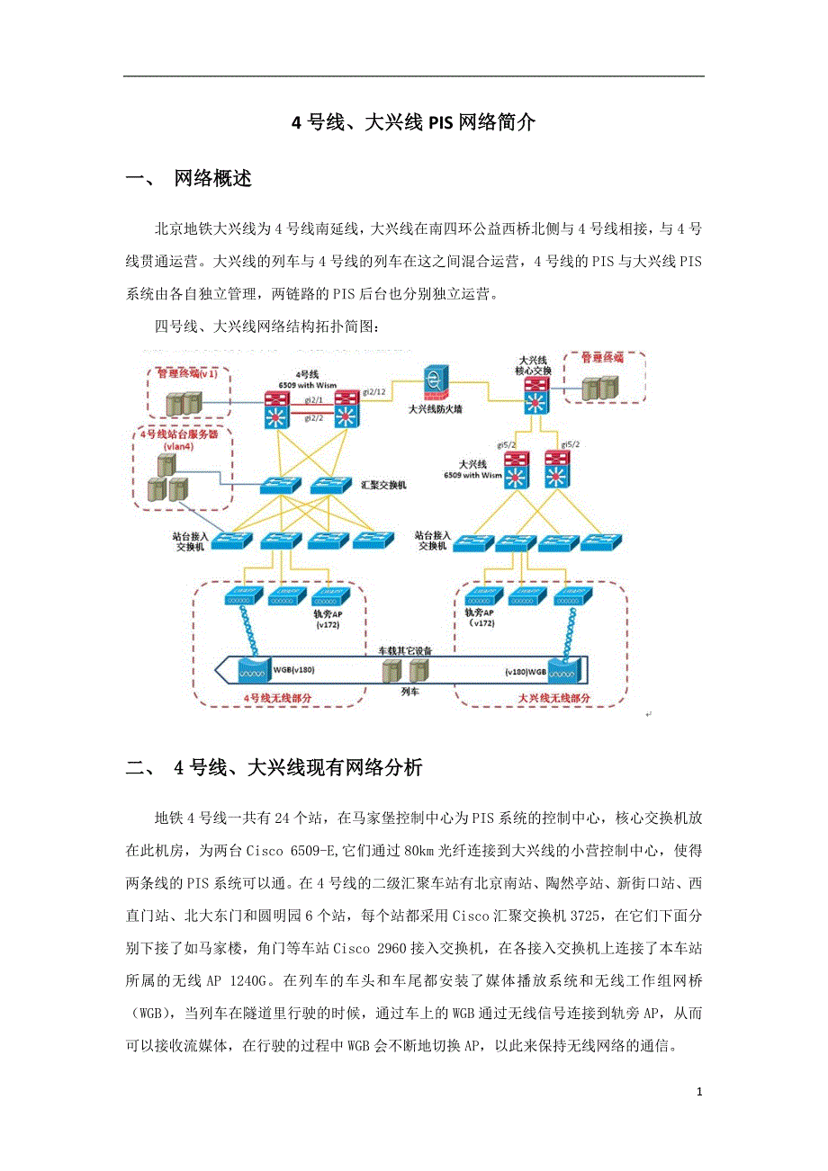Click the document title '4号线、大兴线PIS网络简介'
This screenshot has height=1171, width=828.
pyautogui.click(x=413, y=123)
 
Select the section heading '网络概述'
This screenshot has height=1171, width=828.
pyautogui.click(x=212, y=179)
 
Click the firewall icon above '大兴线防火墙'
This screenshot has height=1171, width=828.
pyautogui.click(x=436, y=380)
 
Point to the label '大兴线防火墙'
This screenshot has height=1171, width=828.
pyautogui.click(x=436, y=407)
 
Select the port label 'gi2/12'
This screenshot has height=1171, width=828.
pyautogui.click(x=374, y=393)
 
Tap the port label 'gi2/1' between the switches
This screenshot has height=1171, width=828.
pyautogui.click(x=313, y=398)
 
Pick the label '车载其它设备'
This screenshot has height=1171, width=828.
pyautogui.click(x=404, y=649)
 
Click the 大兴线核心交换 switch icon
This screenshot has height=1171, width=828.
pyautogui.click(x=535, y=396)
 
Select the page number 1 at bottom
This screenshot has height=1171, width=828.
pyautogui.click(x=699, y=1092)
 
